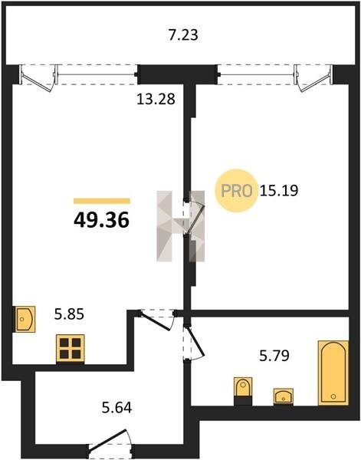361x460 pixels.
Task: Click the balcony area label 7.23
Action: click(x=183, y=35)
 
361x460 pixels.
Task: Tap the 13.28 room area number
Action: click(x=156, y=99)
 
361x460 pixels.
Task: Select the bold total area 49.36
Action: click(x=101, y=220)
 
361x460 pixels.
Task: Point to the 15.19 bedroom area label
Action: click(x=278, y=190)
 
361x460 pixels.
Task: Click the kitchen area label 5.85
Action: click(x=69, y=314)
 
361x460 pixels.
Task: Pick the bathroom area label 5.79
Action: click(x=274, y=356)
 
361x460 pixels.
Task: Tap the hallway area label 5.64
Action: click(x=117, y=408)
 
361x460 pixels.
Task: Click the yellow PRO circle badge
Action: click(x=236, y=191)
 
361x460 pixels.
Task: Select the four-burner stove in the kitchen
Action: click(x=71, y=348)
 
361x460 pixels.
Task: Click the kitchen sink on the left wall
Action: click(x=25, y=319)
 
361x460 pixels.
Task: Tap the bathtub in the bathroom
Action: click(x=333, y=373)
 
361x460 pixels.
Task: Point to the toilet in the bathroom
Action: click(x=243, y=390)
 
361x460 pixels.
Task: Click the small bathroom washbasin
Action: click(x=284, y=396)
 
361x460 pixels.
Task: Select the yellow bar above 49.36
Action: click(x=102, y=201)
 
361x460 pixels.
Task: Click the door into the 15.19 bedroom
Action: click(x=195, y=218)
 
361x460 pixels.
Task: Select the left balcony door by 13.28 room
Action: click(x=38, y=78)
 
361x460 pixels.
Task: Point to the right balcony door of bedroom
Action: click(x=313, y=78)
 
